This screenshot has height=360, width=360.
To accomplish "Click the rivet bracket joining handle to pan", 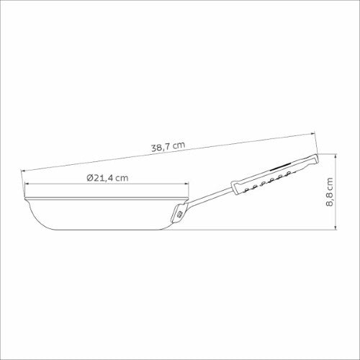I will [x=179, y=213].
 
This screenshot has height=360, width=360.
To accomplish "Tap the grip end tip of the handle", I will [x=315, y=158].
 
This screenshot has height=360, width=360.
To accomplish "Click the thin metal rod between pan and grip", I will [x=209, y=198].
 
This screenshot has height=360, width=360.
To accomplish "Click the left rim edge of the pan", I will [x=25, y=196].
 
